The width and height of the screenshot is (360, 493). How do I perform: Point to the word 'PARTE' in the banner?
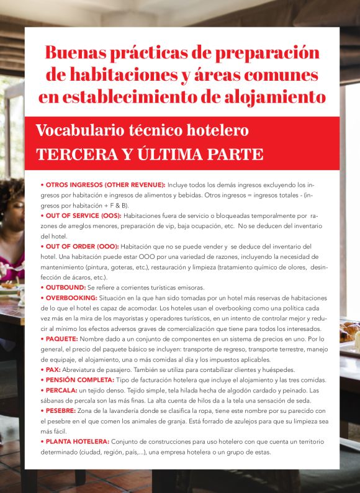232,155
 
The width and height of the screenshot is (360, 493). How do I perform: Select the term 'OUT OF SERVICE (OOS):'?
82,215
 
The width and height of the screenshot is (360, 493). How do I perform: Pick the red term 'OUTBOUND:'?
64,287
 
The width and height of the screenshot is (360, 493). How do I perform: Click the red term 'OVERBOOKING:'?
70,297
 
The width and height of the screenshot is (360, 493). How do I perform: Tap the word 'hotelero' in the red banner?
217,131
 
